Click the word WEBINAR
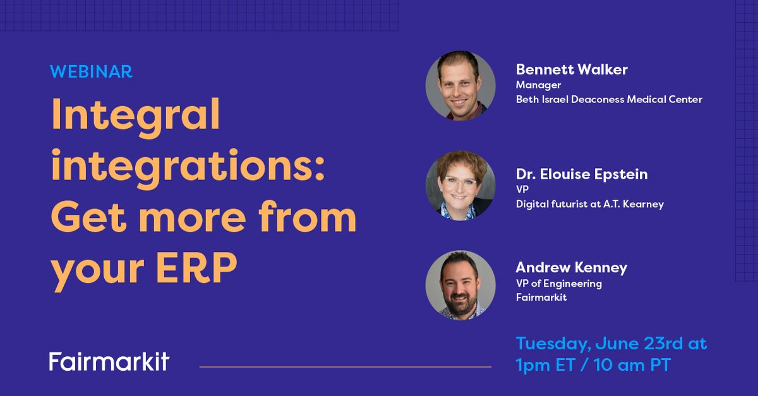[91, 71]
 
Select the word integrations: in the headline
[188, 167]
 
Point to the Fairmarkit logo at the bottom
[109, 361]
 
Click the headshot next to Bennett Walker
[460, 86]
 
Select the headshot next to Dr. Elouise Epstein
[460, 185]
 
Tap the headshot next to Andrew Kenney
[460, 285]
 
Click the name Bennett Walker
[572, 69]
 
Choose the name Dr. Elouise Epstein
[582, 174]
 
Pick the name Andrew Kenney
[571, 268]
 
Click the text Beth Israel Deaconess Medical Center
[609, 99]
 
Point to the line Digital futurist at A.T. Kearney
[589, 204]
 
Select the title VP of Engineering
[558, 284]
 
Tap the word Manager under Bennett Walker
[538, 85]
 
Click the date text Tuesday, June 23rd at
[611, 344]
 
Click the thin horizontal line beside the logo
[345, 366]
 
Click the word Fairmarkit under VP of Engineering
[541, 297]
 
